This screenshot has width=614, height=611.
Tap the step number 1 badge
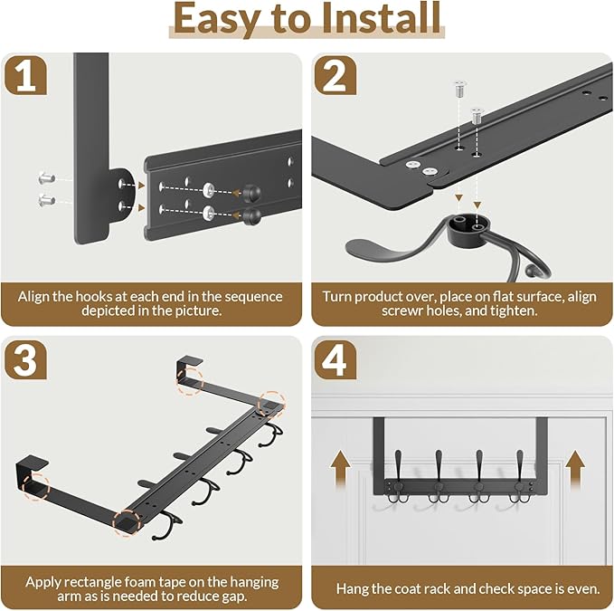(x=25, y=75)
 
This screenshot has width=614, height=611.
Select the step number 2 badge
(x=335, y=75)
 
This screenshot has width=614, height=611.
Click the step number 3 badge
(x=25, y=359)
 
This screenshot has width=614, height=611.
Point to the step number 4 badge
(x=335, y=359)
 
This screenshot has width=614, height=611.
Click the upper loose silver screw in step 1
(x=47, y=178)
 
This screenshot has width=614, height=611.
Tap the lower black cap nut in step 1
(x=251, y=215)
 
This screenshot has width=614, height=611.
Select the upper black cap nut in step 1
(x=251, y=193)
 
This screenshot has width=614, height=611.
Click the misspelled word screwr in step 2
(x=401, y=310)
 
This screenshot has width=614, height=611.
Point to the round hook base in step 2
(x=468, y=228)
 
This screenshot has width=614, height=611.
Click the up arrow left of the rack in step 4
(x=340, y=468)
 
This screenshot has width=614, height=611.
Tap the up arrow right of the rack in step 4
(x=575, y=469)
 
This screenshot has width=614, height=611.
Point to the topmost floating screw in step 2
(x=459, y=89)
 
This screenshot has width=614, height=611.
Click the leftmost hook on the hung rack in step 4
(x=398, y=477)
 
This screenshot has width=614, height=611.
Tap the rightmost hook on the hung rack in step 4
(x=520, y=477)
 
